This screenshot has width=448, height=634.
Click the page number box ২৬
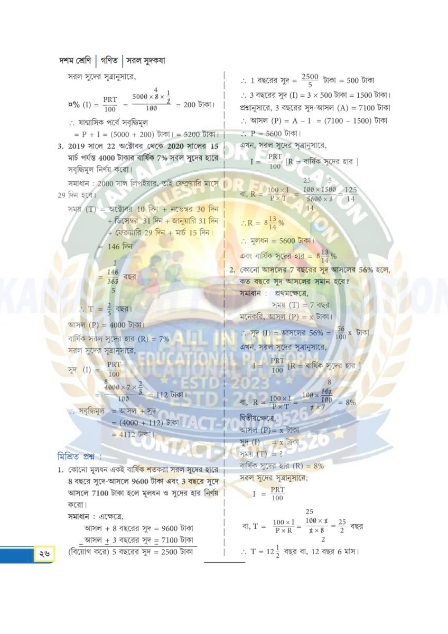click(x=43, y=554)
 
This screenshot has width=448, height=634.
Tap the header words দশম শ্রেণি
click(x=77, y=61)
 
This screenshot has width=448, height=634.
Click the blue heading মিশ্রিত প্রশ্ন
click(x=79, y=456)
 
